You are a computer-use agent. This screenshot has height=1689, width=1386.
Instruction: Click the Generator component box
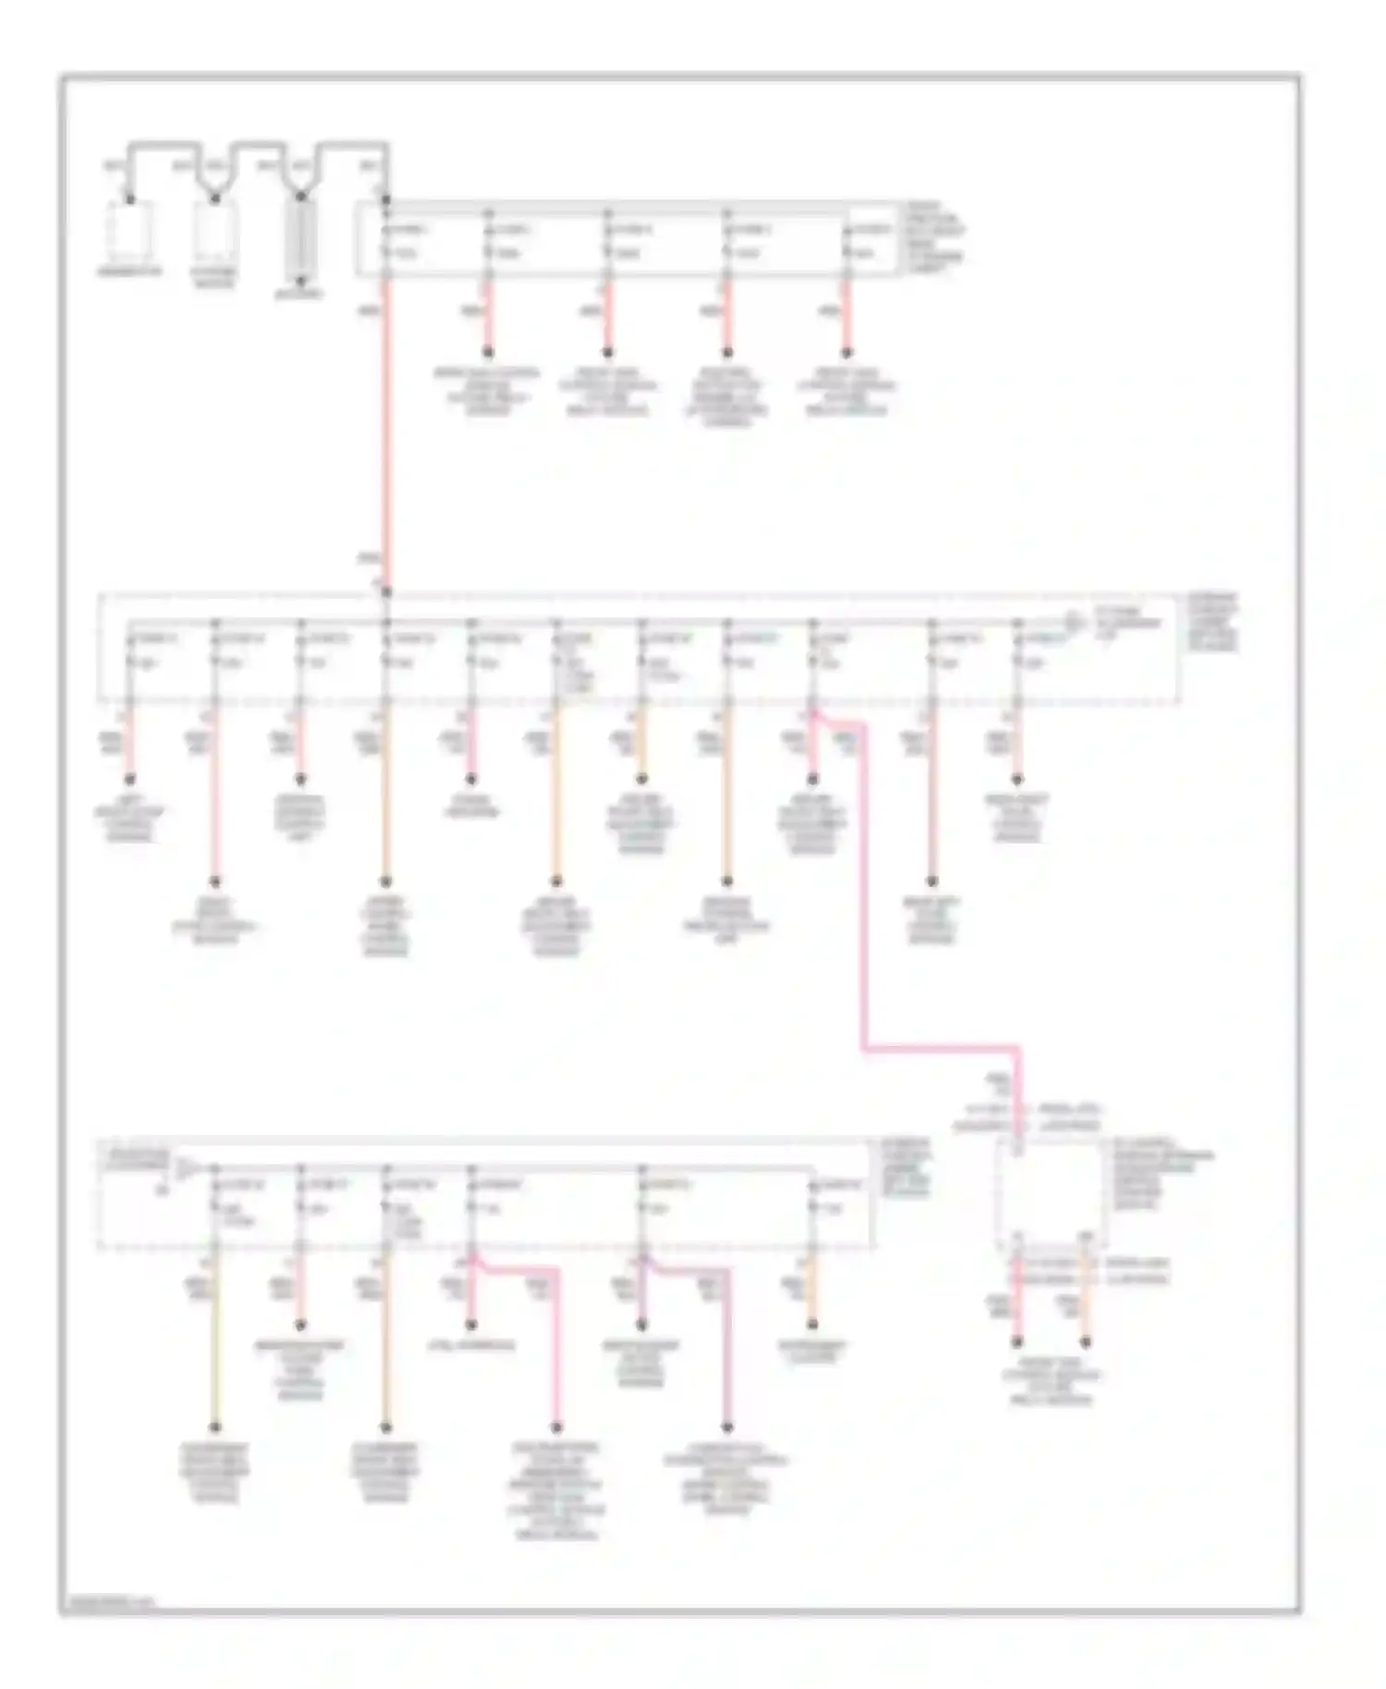pyautogui.click(x=130, y=231)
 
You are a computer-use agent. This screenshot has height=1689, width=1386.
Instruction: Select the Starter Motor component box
pyautogui.click(x=215, y=231)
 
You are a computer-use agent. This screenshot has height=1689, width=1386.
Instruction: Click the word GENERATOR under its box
pyautogui.click(x=129, y=272)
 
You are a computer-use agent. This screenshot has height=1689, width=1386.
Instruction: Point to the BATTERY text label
pyautogui.click(x=299, y=295)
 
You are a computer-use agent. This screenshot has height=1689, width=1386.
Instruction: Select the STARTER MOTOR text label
pyautogui.click(x=214, y=278)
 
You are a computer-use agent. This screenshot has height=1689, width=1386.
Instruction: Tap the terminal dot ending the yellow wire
pyautogui.click(x=214, y=1427)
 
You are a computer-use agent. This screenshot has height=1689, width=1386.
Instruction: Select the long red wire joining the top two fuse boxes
pyautogui.click(x=386, y=425)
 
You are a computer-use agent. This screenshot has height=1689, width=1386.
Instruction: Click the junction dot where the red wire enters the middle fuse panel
pyautogui.click(x=386, y=592)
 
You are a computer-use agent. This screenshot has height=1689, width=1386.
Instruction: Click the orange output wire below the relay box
pyautogui.click(x=1086, y=1303)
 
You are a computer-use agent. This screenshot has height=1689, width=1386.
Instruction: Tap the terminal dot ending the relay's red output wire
pyautogui.click(x=1017, y=1342)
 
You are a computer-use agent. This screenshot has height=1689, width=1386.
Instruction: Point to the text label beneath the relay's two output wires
pyautogui.click(x=1052, y=1380)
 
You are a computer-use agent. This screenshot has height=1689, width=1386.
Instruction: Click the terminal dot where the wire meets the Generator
pyautogui.click(x=130, y=200)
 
